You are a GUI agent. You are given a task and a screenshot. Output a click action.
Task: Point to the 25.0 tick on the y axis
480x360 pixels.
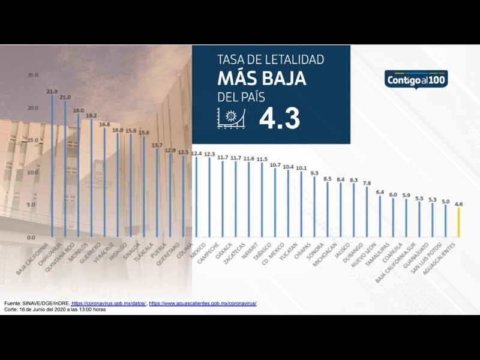32,75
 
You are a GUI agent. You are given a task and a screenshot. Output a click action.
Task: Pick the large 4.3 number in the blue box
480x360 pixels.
280,119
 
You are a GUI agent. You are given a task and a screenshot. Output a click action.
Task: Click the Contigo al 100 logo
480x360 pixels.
416,79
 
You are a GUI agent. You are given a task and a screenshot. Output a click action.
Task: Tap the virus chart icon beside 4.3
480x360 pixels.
232,118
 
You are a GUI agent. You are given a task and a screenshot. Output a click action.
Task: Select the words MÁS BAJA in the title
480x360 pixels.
262,79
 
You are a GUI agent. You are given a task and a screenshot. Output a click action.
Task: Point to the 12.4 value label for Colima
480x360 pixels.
197,154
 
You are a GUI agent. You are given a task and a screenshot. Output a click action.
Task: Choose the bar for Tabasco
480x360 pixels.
275,203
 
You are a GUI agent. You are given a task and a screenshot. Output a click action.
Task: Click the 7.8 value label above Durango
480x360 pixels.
367,183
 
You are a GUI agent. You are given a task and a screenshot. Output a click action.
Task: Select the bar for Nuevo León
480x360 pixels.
380,216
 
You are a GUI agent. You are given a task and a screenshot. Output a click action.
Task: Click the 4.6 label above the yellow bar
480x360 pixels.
459,204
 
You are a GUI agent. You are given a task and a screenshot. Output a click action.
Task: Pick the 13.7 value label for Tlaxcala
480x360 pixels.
157,145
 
